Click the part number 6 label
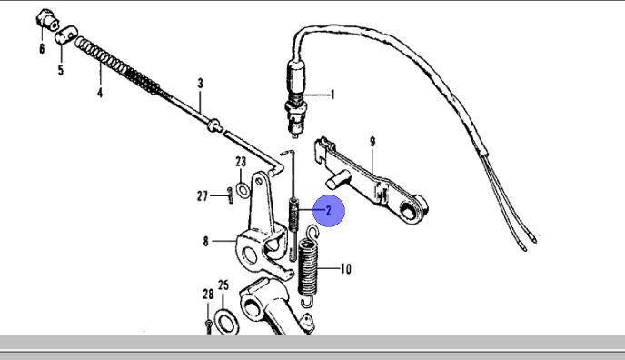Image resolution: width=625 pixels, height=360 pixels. (42, 49)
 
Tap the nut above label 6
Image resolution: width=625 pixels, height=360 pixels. (47, 19)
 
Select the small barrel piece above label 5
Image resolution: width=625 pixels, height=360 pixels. (65, 35)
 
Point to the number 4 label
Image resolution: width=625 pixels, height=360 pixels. (100, 93)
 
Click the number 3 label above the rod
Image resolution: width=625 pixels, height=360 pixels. (200, 83)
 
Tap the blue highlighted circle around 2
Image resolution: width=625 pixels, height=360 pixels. (329, 211)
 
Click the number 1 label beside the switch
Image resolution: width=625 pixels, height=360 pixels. (332, 95)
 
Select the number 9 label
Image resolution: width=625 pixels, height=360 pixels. (372, 142)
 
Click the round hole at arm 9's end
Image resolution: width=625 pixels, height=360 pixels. (408, 210)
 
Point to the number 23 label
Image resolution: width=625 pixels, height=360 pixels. (241, 162)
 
